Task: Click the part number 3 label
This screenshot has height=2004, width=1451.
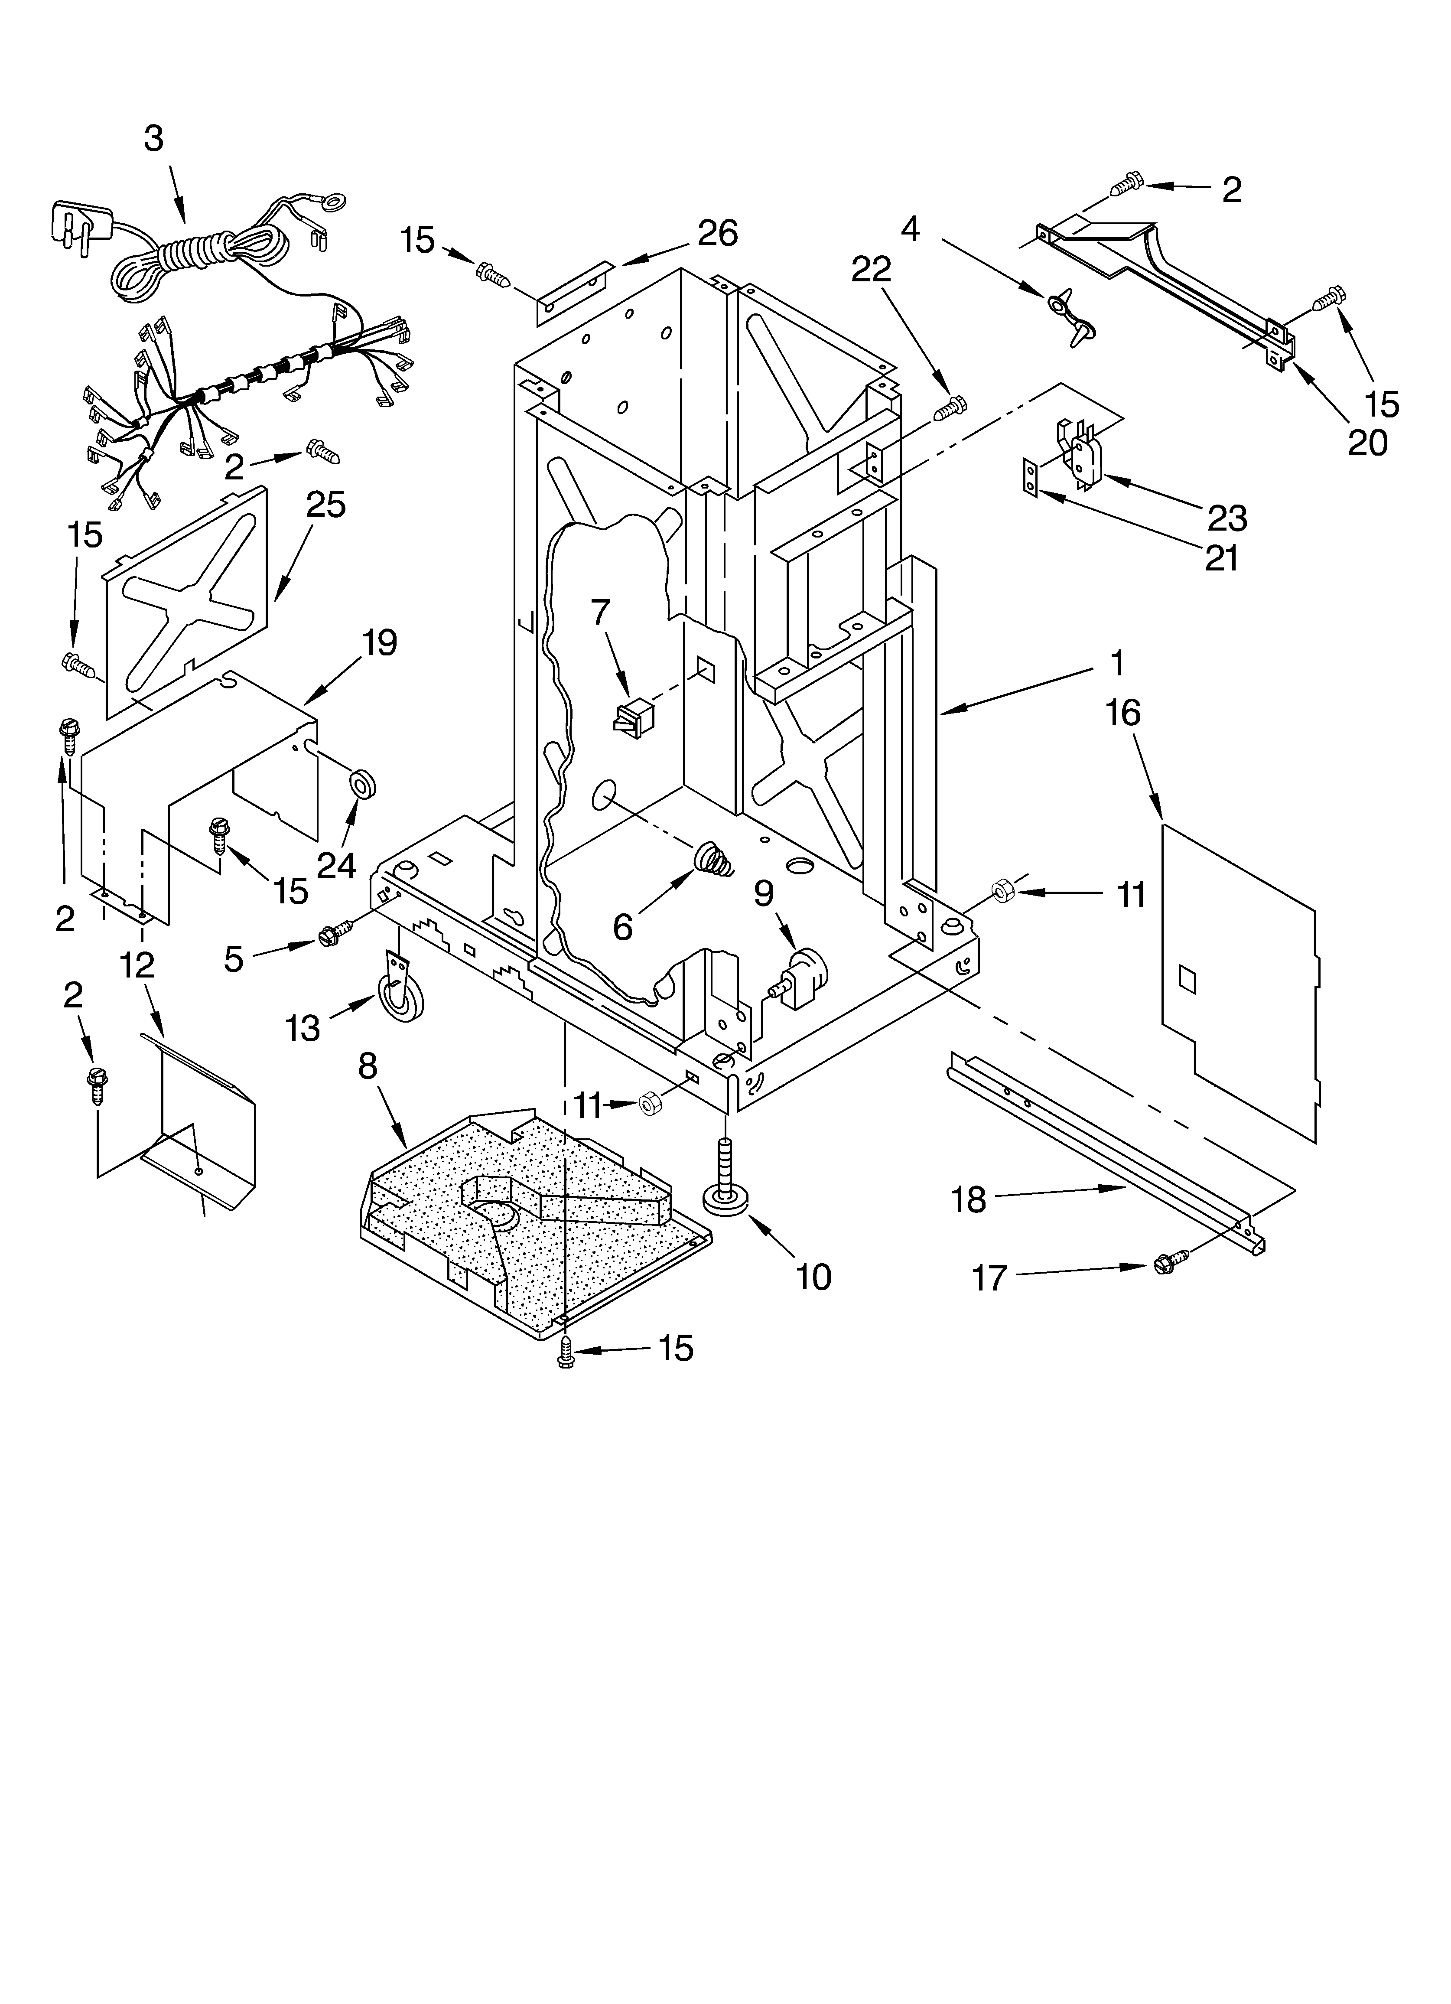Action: pos(154,139)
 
